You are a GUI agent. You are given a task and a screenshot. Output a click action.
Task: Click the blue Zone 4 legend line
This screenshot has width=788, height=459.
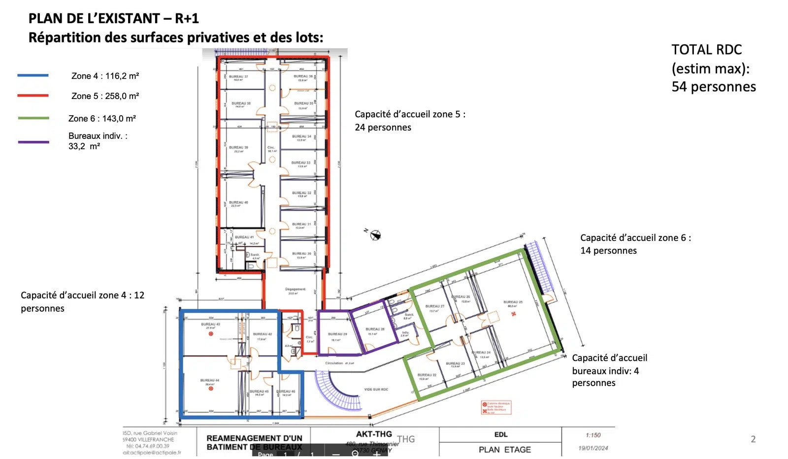pyautogui.click(x=33, y=75)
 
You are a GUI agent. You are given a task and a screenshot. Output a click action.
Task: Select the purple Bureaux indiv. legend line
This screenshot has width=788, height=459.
pyautogui.click(x=33, y=142)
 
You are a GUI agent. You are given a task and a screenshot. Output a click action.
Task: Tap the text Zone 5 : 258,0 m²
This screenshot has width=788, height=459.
pyautogui.click(x=105, y=96)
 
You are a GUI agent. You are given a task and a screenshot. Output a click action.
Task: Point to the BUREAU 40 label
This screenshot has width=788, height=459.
pyautogui.click(x=238, y=203)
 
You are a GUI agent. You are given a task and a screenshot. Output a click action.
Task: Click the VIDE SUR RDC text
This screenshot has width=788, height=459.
pyautogui.click(x=376, y=390)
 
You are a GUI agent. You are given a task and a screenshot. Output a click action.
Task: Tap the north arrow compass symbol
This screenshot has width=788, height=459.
pyautogui.click(x=375, y=235)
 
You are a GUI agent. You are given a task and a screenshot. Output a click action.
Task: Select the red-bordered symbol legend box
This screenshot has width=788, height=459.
pyautogui.click(x=496, y=408)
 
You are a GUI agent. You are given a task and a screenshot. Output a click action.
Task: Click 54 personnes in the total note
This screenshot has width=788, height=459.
pyautogui.click(x=713, y=87)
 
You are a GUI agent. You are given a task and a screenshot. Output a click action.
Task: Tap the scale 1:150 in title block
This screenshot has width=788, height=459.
pyautogui.click(x=593, y=435)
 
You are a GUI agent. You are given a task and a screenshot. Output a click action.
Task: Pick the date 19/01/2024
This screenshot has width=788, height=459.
pyautogui.click(x=593, y=448)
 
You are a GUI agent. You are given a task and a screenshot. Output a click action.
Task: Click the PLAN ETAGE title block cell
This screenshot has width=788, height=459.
pyautogui.click(x=504, y=450)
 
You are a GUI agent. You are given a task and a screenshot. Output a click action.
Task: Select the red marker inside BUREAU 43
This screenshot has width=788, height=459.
pyautogui.click(x=211, y=334)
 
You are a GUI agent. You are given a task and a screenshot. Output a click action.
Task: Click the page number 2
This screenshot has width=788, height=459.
pyautogui.click(x=753, y=439)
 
